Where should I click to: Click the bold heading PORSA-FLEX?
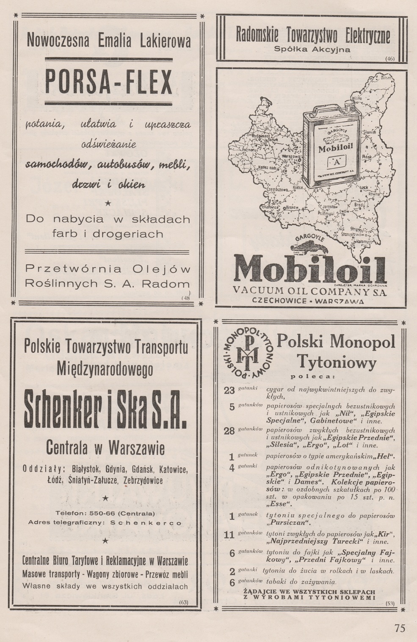point(108,81)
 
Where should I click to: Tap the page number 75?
point(400,628)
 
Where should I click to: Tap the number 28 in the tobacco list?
point(229,431)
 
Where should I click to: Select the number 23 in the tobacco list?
point(229,390)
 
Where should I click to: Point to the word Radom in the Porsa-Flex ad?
point(172,284)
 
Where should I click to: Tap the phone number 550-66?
point(100,513)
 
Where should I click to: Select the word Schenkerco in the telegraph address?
point(145,523)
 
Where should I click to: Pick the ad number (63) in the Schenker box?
point(183,602)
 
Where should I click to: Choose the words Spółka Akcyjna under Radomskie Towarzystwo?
point(312,49)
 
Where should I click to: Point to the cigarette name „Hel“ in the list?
point(385,457)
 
